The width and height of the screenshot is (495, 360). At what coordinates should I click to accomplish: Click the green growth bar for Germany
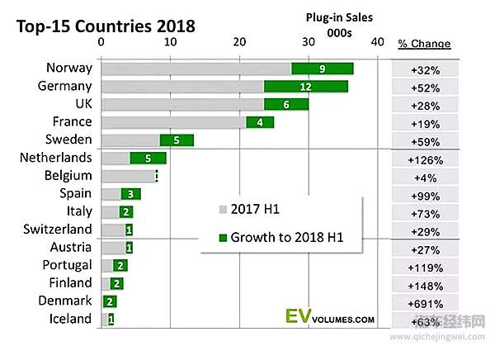pos(306,86)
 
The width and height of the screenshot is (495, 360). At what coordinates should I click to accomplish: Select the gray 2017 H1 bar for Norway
pos(196,69)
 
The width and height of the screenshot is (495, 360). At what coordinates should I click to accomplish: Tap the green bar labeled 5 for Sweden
pos(177,140)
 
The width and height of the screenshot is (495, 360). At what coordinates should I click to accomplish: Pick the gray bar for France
pos(173,122)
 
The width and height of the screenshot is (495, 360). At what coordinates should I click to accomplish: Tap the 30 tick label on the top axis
pos(309,42)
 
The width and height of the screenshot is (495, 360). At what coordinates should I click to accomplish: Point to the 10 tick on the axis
pos(169,42)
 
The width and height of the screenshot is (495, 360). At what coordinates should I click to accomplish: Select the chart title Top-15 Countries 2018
pos(106,25)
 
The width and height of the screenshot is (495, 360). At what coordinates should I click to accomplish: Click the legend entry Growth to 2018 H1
pos(285,239)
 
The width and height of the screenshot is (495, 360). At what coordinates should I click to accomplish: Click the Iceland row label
pos(70,319)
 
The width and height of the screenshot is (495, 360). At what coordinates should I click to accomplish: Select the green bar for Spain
pos(130,193)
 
